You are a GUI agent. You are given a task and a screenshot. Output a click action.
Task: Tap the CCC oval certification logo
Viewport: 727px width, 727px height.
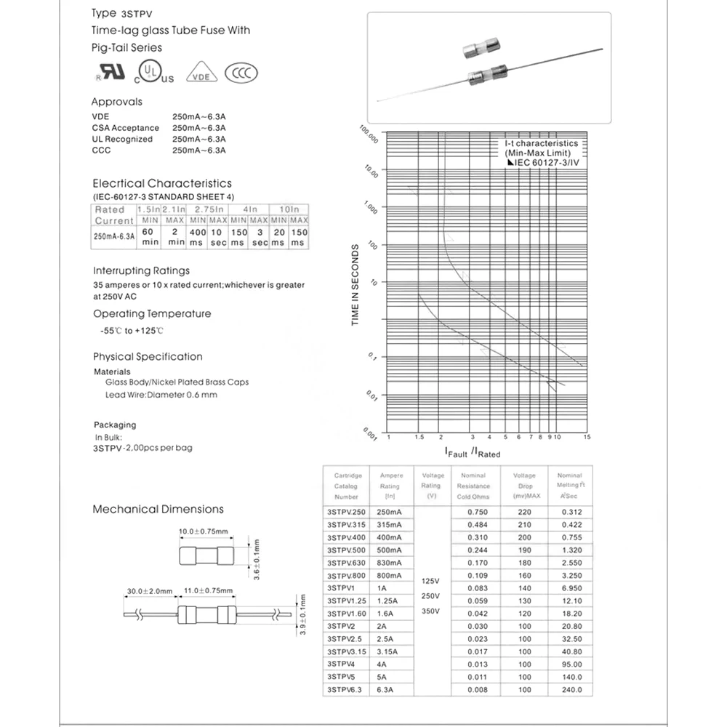coord(241,73)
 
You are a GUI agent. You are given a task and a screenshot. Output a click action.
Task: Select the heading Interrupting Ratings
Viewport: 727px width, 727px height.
coord(141,270)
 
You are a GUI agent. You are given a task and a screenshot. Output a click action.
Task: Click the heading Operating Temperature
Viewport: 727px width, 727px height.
coord(152,314)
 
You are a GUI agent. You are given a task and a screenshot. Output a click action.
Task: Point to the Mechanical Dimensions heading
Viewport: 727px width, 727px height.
coord(158,510)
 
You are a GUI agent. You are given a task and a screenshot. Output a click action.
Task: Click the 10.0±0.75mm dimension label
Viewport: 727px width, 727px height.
coord(204,531)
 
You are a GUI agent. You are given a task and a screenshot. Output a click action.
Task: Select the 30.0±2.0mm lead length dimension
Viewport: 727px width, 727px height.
coord(149,591)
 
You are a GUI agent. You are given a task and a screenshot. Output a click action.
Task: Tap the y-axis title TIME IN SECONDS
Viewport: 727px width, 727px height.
coord(356,284)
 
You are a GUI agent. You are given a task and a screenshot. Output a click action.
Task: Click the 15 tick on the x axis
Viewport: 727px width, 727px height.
coord(587,437)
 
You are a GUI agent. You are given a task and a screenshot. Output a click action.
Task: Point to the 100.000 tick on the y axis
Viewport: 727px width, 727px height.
coord(369,134)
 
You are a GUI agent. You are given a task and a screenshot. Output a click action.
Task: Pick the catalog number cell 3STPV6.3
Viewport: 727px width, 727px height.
coord(345,690)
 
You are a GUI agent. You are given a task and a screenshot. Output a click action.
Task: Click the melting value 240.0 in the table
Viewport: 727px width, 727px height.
coord(571,690)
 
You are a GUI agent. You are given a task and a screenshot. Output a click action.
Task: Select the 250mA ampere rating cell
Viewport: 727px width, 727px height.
coord(390,513)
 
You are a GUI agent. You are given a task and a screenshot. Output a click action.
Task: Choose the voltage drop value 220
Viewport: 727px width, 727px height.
coord(524,513)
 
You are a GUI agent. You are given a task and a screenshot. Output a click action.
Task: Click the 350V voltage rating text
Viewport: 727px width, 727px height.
coord(430,611)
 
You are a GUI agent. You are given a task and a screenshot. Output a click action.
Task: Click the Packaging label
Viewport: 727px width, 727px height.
coord(115,425)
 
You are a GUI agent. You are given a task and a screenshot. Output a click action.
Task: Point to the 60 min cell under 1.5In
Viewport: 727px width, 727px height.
coord(150,236)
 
